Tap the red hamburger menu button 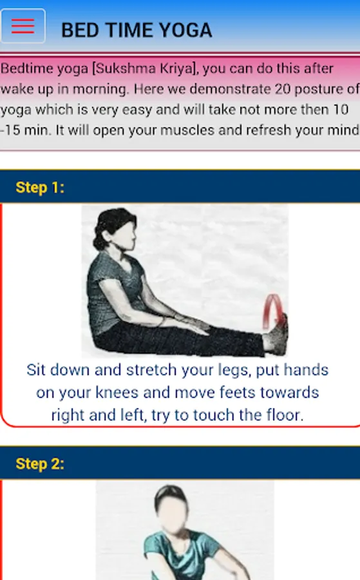pyautogui.click(x=23, y=26)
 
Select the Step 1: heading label pyautogui.click(x=40, y=188)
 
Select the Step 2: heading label pyautogui.click(x=40, y=464)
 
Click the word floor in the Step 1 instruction pyautogui.click(x=284, y=415)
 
